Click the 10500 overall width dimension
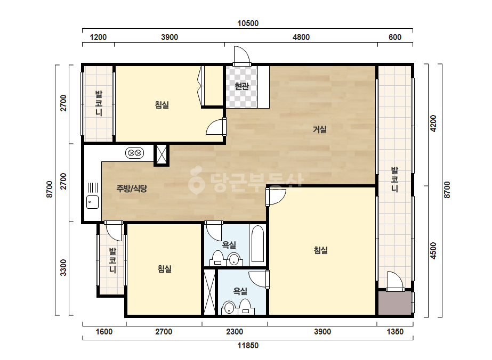248,23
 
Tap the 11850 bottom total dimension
248,346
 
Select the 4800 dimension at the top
301,37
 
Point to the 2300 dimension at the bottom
235,331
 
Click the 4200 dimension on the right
433,124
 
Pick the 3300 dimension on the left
63,267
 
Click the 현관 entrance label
242,86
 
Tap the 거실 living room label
320,129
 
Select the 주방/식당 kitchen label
132,189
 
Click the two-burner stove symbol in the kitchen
135,153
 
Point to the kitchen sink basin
93,202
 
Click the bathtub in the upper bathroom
258,244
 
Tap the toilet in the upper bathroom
217,258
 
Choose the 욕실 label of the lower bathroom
240,291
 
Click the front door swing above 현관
241,56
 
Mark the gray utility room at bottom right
395,302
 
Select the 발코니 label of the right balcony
394,179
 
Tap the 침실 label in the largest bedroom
321,250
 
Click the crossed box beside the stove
162,154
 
